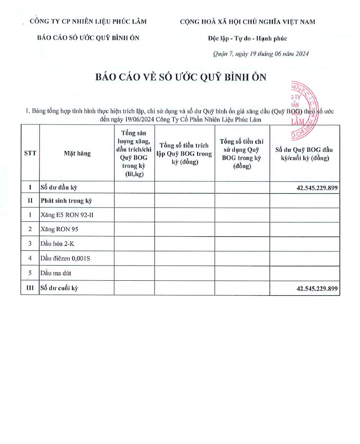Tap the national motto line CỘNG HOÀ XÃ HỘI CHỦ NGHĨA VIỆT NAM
pyautogui.click(x=248, y=22)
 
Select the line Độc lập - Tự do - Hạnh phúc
pyautogui.click(x=247, y=38)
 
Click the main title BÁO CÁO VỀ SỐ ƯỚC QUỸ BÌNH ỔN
pyautogui.click(x=180, y=77)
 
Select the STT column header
pyautogui.click(x=30, y=153)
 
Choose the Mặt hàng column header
pyautogui.click(x=77, y=153)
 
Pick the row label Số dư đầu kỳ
pyautogui.click(x=59, y=188)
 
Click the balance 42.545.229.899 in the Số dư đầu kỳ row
pyautogui.click(x=317, y=188)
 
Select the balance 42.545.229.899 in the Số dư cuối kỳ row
pyautogui.click(x=317, y=288)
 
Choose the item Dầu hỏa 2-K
pyautogui.click(x=57, y=244)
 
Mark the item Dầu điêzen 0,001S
pyautogui.click(x=65, y=259)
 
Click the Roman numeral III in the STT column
pyautogui.click(x=30, y=288)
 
